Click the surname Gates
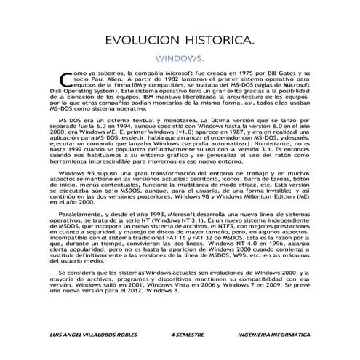[274, 74]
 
